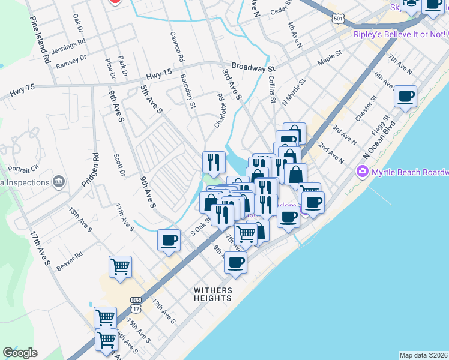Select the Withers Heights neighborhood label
click(x=212, y=294)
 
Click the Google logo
click(x=20, y=353)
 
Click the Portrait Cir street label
click(x=22, y=168)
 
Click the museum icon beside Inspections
click(x=58, y=181)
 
